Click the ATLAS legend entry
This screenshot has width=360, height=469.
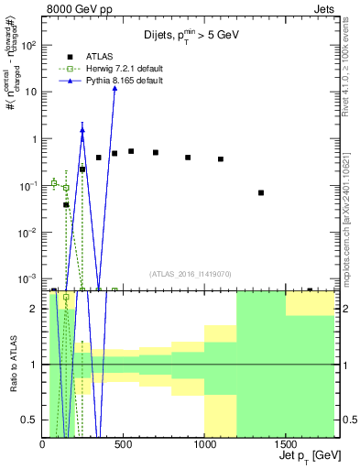88,55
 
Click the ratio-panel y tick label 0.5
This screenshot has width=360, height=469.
29,420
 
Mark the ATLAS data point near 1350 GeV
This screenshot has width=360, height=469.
261,192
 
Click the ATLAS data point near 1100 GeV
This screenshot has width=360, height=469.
221,159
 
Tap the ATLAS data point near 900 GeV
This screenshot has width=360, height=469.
188,158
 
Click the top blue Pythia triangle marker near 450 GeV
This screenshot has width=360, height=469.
115,88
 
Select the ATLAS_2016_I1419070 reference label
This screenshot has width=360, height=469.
191,273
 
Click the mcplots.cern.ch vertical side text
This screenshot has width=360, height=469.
353,220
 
